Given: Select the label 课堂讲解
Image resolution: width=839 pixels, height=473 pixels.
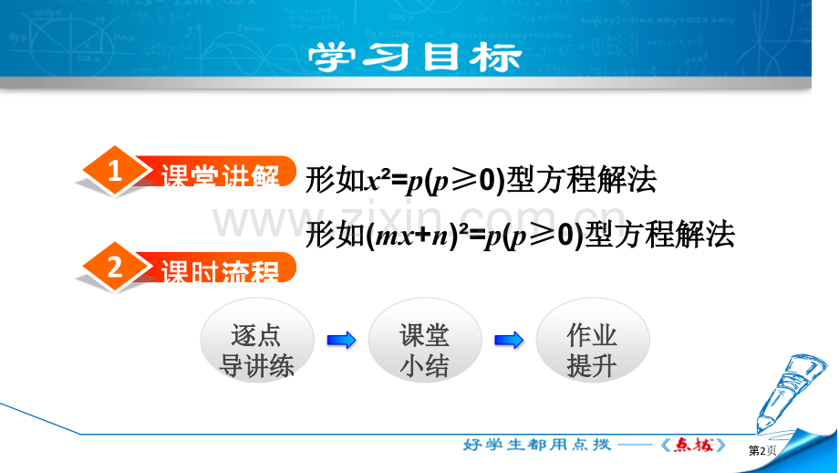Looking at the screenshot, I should coord(221,174).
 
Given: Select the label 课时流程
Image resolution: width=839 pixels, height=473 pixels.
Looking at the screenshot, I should coord(221,270).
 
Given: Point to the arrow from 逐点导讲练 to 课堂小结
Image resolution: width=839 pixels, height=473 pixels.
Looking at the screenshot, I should coord(341,341).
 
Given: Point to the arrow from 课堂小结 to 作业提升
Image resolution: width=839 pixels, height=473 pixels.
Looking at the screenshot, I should coord(509,341).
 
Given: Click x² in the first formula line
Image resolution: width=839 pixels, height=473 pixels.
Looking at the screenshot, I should coord(378,180).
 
